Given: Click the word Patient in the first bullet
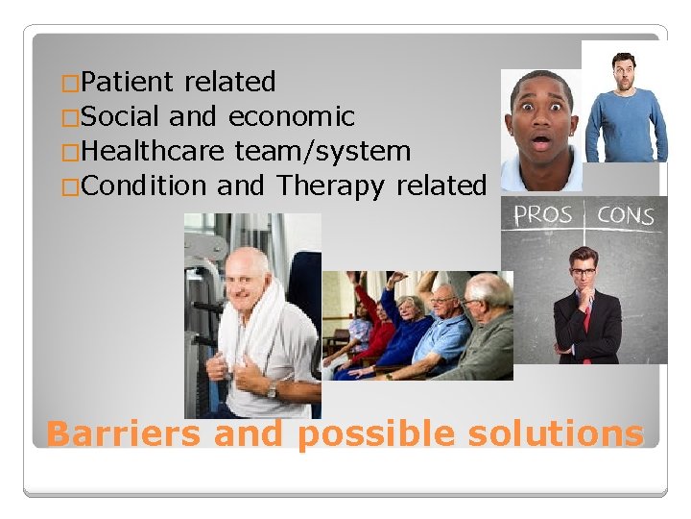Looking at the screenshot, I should point(129,83).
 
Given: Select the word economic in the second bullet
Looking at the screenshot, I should point(291,117).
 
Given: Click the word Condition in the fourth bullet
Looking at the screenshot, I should point(145,185).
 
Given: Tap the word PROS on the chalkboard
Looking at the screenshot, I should point(543,213).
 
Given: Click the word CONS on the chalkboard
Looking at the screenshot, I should point(625,214).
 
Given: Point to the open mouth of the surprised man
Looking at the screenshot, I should point(541,143).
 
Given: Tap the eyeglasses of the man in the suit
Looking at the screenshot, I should point(584,272).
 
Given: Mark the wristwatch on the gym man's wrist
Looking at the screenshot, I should point(272,390).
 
